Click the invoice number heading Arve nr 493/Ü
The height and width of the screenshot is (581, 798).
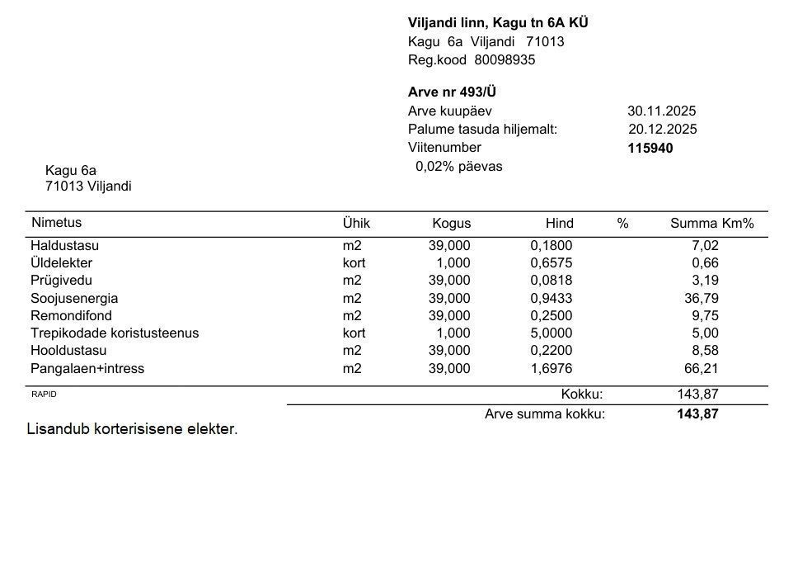452,92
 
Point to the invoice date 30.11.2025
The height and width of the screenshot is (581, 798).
661,111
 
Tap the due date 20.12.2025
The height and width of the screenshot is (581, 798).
662,129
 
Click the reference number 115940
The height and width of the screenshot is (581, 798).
650,149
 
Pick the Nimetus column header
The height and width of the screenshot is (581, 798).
56,222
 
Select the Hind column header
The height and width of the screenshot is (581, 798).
559,224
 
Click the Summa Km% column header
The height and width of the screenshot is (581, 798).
711,224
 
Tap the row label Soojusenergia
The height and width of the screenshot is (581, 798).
74,298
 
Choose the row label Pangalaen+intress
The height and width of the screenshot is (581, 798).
87,368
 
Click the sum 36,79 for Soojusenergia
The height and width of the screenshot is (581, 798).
702,298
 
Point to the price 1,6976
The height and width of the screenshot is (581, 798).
551,368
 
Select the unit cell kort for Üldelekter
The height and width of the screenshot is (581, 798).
354,263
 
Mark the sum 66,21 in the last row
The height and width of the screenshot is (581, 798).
702,368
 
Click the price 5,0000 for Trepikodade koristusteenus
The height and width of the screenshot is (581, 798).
551,333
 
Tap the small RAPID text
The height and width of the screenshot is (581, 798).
44,394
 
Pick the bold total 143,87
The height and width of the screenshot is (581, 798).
697,414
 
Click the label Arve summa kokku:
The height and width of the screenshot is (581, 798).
544,414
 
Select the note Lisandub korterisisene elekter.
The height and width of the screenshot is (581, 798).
132,429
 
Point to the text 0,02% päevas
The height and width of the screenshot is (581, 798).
458,166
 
